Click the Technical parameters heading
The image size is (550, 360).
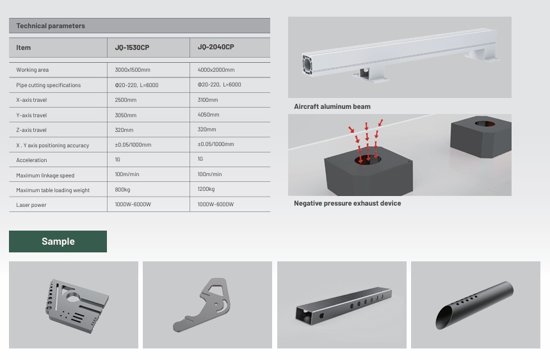pos(51,26)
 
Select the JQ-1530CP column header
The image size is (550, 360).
pos(132,47)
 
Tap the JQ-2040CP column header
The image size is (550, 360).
pos(216,47)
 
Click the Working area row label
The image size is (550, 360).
pos(32,70)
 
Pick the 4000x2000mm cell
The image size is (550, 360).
pos(216,70)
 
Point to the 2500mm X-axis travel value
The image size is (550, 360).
pos(125,100)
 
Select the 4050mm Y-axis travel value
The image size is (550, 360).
pos(208,115)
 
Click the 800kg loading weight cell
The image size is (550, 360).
pos(122,190)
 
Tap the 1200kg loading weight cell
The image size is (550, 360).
pos(206,189)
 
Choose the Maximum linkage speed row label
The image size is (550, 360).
pos(45,176)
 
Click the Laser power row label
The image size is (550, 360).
pos(31,205)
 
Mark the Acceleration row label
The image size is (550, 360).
pos(31,160)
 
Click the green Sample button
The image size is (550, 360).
pos(58,241)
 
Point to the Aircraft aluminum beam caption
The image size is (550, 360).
pos(332,107)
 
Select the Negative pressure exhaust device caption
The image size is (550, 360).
pos(347,204)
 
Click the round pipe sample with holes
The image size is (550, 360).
pos(474,305)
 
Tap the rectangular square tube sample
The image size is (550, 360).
pos(343,305)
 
